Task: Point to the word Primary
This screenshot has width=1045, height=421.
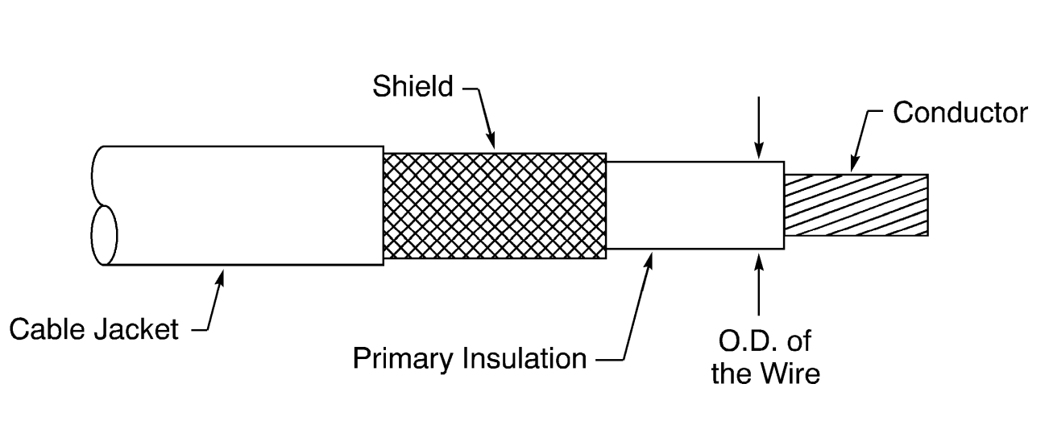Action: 404,358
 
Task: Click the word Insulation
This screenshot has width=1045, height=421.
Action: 524,358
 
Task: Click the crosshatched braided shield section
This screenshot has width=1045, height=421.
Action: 495,205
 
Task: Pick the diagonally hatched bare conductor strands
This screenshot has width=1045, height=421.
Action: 856,204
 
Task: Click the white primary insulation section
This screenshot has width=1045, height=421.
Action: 695,205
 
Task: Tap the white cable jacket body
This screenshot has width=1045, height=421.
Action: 242,205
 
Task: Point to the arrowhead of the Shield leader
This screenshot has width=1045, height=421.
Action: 493,145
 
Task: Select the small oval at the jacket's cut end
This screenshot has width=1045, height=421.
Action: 103,234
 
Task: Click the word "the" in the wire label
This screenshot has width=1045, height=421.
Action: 732,374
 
